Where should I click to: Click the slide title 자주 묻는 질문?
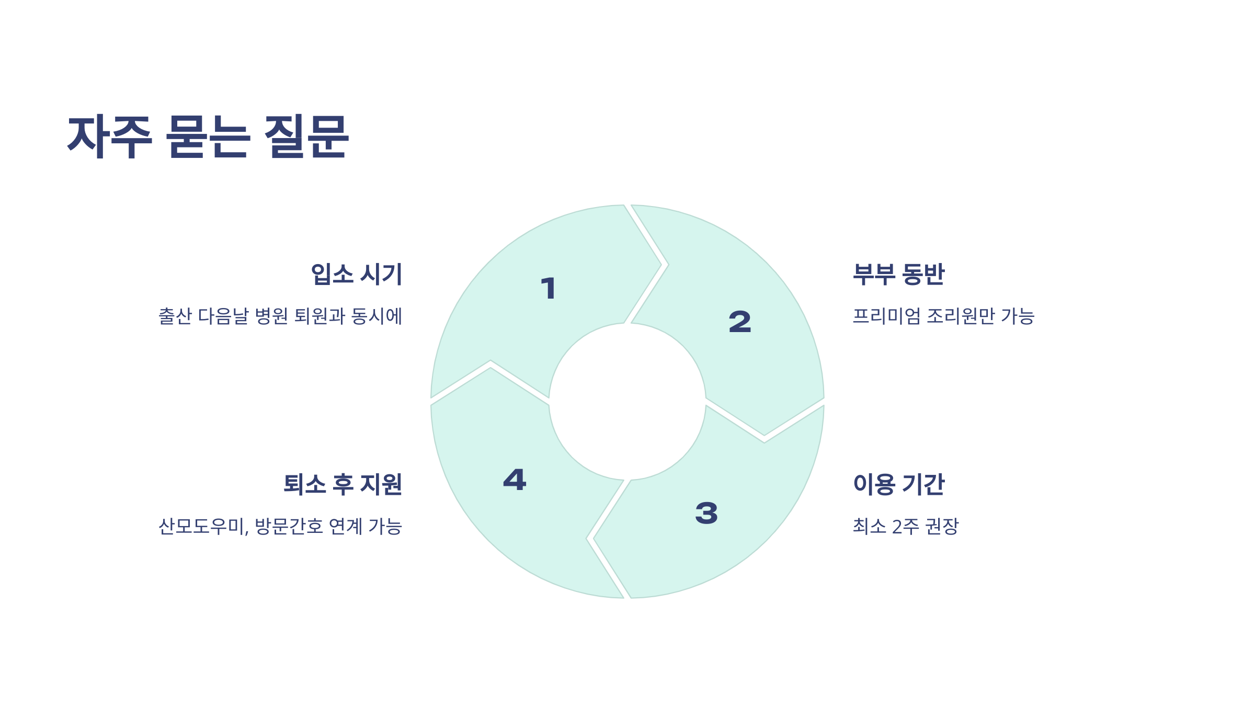[208, 136]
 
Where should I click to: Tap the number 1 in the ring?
[549, 289]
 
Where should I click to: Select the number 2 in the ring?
[740, 322]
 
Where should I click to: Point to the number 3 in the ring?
[706, 513]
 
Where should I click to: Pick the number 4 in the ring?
[515, 480]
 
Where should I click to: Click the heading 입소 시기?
[357, 274]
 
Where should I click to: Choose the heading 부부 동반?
[899, 274]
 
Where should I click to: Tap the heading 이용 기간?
[899, 484]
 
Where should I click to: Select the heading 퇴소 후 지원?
[343, 484]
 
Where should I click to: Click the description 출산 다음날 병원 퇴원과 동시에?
[280, 316]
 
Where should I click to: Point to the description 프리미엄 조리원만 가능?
[944, 316]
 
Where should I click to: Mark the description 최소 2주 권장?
[906, 526]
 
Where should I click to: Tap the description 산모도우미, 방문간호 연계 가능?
[280, 526]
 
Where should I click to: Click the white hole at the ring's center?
[627, 402]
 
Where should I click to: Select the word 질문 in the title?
[306, 136]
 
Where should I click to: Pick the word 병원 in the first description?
[271, 316]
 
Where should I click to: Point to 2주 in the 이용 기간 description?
[905, 526]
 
